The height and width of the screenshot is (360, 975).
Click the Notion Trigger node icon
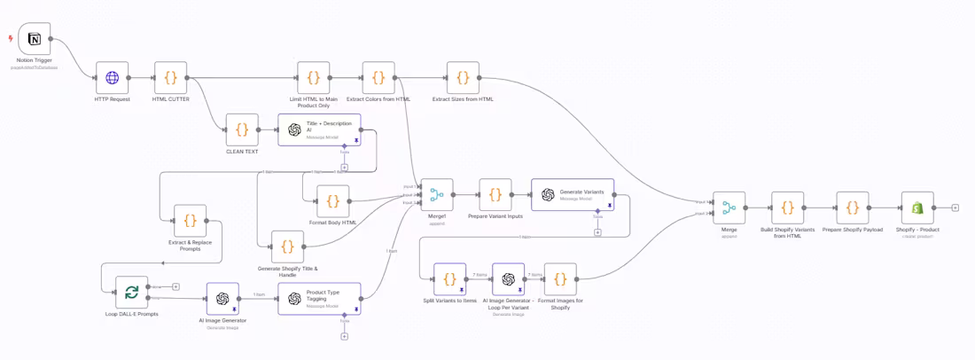point(35,39)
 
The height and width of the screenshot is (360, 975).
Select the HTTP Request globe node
point(113,78)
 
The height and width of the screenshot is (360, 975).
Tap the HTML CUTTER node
point(171,78)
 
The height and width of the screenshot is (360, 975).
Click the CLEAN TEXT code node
point(242,129)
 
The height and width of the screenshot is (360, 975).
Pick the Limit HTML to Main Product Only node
point(314,78)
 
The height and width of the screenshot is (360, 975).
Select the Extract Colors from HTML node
point(378,78)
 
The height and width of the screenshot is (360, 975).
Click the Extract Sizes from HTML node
point(463,78)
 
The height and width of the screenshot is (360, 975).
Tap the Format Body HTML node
point(333,201)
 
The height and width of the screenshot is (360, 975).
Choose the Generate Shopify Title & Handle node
point(287,247)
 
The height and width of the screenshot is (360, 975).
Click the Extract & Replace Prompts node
point(191,221)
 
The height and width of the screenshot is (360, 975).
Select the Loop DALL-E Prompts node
point(131,293)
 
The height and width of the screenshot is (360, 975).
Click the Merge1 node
point(436,195)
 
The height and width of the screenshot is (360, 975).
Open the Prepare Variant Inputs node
point(495,195)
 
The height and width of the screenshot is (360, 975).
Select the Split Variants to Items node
point(449,279)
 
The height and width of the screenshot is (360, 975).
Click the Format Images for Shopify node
point(560,279)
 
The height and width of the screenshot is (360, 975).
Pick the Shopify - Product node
point(917,207)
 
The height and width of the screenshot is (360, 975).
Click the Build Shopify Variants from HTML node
point(788,207)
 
